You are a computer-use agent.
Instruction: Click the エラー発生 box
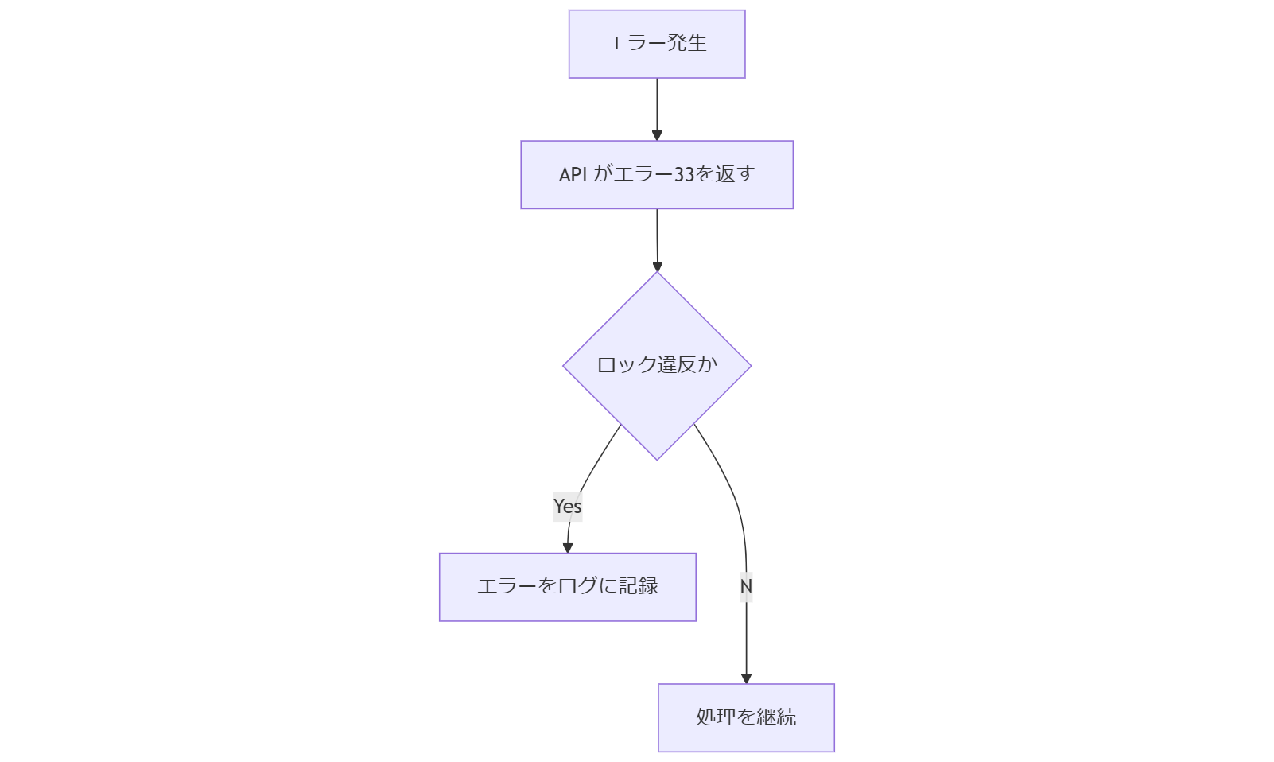point(656,44)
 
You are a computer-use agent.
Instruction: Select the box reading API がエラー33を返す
point(656,175)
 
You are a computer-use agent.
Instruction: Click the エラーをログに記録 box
point(567,587)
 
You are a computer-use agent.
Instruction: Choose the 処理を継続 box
point(745,717)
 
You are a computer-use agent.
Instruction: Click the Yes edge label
point(568,507)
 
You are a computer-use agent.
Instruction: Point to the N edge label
point(746,587)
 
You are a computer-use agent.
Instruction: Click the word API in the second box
point(573,175)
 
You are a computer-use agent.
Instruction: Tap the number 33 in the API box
point(684,175)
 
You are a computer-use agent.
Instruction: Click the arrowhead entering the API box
point(657,135)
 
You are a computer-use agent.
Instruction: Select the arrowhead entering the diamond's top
point(657,266)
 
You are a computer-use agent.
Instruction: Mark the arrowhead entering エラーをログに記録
point(568,548)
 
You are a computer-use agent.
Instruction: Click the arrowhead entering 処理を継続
point(746,678)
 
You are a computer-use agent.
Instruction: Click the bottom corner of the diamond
point(657,458)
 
